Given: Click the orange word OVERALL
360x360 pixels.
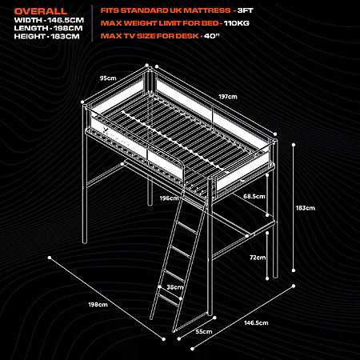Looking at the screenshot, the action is coord(41,11).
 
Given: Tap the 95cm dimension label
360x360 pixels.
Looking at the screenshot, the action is coord(108,78).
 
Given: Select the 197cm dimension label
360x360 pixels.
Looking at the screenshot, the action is coord(228,97).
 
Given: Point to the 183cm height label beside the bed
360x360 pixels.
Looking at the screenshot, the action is coord(306,208).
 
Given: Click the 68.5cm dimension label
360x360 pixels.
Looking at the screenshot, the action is coord(254,197).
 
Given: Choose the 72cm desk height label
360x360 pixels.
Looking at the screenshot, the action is coord(258,258).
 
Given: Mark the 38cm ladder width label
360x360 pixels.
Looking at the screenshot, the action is coord(175,287).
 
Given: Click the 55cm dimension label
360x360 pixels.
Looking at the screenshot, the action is coord(204,332).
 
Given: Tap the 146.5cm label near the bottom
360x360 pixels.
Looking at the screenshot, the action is coord(256,323).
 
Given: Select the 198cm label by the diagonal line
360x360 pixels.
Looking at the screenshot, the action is coord(98,305).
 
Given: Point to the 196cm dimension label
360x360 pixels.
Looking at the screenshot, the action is coord(169,198).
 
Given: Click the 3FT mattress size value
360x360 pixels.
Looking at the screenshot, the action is coord(245,10).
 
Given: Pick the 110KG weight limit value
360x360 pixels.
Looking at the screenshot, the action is coord(237,23).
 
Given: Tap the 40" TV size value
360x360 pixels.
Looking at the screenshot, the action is coord(212,36).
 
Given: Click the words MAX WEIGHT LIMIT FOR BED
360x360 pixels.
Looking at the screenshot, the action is coord(160,23).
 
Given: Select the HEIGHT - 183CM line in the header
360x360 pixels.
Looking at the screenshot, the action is coord(46,36).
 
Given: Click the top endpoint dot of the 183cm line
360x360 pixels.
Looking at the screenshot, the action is coord(294,145).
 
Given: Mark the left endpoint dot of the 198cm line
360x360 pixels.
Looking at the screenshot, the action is coord(50,258).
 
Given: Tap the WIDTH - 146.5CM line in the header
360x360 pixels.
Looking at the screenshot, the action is coord(49,20).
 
